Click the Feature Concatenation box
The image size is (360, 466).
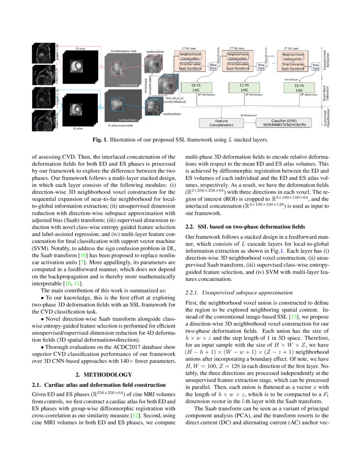click(x=221, y=123)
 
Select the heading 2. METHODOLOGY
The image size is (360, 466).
click(x=103, y=374)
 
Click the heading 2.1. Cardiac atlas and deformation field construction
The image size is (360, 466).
click(x=99, y=385)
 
